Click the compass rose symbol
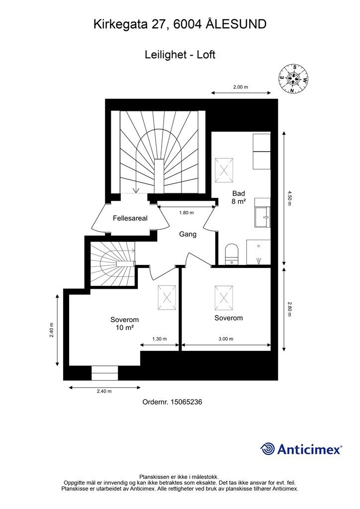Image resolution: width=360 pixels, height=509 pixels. [x=293, y=79]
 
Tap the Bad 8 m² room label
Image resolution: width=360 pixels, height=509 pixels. [x=238, y=197]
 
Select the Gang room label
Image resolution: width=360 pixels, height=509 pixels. [x=187, y=234]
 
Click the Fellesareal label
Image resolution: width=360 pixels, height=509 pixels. [x=130, y=218]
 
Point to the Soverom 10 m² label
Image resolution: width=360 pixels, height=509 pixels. [x=125, y=324]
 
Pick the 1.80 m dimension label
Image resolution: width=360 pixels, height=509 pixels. [x=186, y=213]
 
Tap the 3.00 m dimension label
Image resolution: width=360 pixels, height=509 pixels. [x=226, y=339]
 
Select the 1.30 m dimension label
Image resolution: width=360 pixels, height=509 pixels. [x=160, y=339]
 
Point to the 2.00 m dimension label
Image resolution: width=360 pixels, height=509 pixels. [x=241, y=87]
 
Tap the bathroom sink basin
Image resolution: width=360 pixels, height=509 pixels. [x=262, y=218]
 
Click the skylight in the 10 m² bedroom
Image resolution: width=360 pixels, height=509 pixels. [x=167, y=298]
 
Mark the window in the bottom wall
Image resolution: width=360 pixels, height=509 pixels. [x=104, y=373]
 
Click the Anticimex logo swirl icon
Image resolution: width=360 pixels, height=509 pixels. [x=268, y=449]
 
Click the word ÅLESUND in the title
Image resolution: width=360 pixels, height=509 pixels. [x=236, y=24]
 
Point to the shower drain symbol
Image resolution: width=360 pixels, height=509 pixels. [x=259, y=259]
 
